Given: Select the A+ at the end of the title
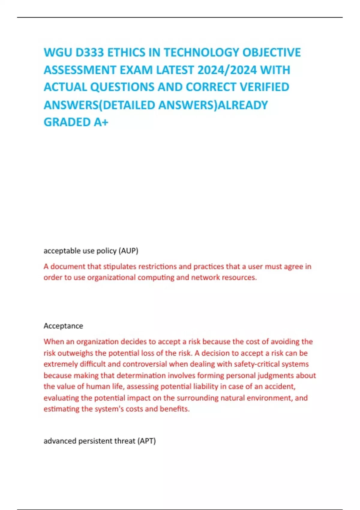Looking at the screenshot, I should [101, 122].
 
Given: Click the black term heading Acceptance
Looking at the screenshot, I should [63, 326].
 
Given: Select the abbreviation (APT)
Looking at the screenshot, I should [146, 441].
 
